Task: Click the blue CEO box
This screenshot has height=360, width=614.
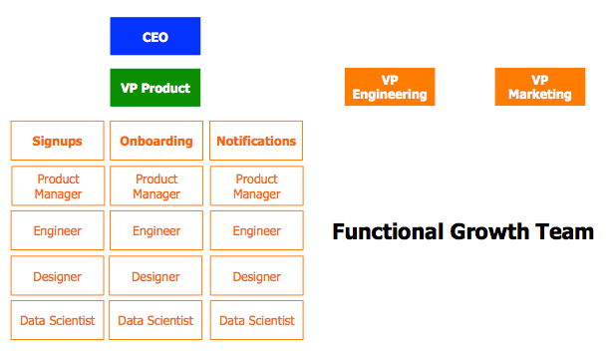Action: coord(154,36)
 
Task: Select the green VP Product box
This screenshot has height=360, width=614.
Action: coord(154,87)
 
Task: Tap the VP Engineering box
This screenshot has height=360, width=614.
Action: coord(389,87)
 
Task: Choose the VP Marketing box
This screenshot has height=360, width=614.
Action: coord(539,87)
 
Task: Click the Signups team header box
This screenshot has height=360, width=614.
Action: coord(57,141)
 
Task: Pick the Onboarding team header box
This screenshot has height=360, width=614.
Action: coord(155,141)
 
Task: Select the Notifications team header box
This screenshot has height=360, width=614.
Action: coord(256,141)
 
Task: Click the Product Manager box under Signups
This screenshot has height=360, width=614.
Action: coord(57,186)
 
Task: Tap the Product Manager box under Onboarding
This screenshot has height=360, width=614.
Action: coord(155,186)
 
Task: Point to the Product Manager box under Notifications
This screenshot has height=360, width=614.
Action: coord(256,186)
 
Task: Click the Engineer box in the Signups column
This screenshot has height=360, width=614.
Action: coord(57,230)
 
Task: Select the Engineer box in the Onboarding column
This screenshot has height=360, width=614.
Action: coord(155,230)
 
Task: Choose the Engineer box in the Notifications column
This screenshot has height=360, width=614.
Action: coord(256,230)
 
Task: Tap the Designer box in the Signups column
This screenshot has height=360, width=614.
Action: coord(57,275)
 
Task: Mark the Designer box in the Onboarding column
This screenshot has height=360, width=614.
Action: coord(155,275)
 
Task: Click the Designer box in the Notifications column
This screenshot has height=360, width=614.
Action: coord(256,275)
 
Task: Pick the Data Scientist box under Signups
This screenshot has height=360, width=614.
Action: coord(57,320)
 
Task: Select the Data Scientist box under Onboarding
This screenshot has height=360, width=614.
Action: coord(155,320)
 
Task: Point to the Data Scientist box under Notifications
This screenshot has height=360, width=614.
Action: coord(256,320)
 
